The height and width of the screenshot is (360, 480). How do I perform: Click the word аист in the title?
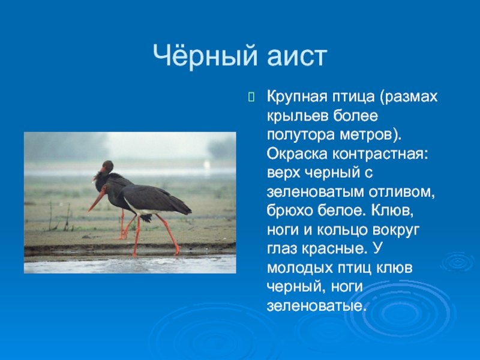[x=297, y=57]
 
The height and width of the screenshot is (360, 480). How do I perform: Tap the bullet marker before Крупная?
[x=251, y=97]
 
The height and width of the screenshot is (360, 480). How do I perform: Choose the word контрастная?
[x=380, y=154]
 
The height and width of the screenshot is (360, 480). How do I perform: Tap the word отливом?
[x=401, y=192]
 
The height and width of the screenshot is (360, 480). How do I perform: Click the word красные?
[x=334, y=249]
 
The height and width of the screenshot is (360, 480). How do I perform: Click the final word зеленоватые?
[x=317, y=306]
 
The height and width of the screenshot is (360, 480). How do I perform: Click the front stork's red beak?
[x=97, y=202]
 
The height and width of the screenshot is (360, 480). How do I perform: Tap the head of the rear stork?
[x=107, y=167]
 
